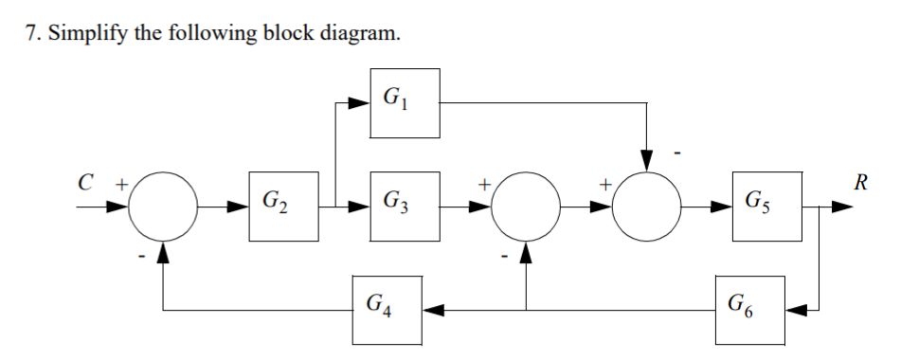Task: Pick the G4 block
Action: pos(387,310)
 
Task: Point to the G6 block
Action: pos(750,310)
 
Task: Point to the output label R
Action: pos(861,182)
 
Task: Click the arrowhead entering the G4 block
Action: pos(432,310)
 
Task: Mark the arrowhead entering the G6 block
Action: pos(795,310)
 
